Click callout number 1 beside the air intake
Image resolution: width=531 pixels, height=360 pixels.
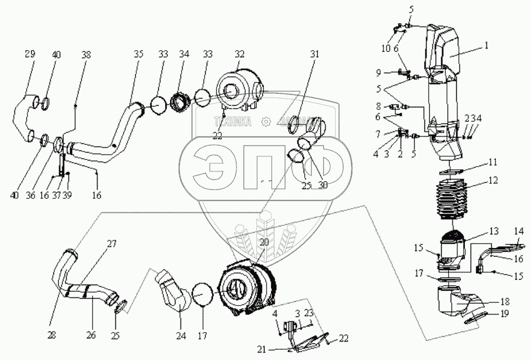[486, 46]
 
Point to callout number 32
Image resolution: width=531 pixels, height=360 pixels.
[239, 54]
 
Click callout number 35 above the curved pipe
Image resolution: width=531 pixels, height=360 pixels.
[139, 54]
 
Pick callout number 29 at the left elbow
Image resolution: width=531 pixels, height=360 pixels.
[30, 54]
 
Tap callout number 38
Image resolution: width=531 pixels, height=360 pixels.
[86, 54]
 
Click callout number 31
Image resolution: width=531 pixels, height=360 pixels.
[314, 54]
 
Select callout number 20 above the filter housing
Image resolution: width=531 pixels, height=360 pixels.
[263, 243]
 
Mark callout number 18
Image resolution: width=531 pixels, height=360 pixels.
[505, 302]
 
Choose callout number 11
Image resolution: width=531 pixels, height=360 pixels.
[493, 162]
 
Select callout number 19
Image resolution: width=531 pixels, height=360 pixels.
[505, 312]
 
